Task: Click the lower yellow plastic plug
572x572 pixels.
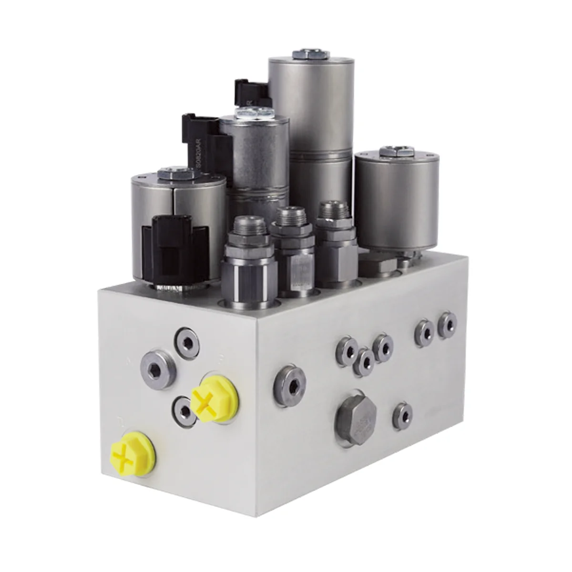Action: coord(130,451)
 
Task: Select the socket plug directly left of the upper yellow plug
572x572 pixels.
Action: coord(183,409)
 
